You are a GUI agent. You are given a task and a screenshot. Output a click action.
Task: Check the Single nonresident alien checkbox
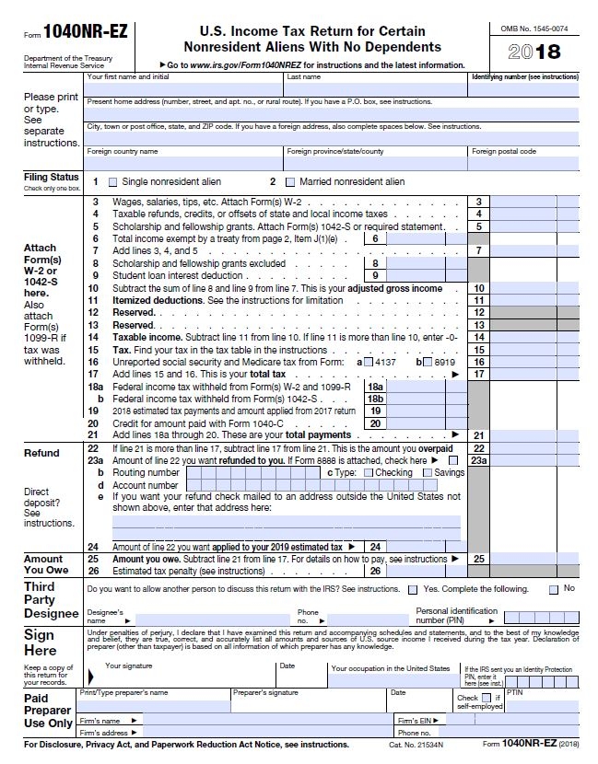[x=113, y=182]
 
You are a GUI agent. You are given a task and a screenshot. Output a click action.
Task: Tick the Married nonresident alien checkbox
[x=291, y=182]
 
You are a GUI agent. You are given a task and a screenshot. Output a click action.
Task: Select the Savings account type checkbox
[x=427, y=472]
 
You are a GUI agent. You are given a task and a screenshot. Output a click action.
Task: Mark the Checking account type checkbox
[x=369, y=472]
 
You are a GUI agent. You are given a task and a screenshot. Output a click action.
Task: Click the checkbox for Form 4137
[x=369, y=362]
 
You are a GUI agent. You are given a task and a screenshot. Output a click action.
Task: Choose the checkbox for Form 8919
[x=426, y=362]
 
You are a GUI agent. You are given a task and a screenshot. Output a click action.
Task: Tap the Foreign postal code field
[x=523, y=163]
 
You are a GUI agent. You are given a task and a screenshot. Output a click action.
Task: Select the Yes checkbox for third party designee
[x=414, y=589]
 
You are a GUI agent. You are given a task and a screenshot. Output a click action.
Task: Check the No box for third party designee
[x=553, y=589]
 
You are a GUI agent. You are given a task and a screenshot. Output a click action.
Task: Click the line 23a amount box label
[x=479, y=460]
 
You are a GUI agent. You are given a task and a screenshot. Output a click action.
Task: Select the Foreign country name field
[x=183, y=163]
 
